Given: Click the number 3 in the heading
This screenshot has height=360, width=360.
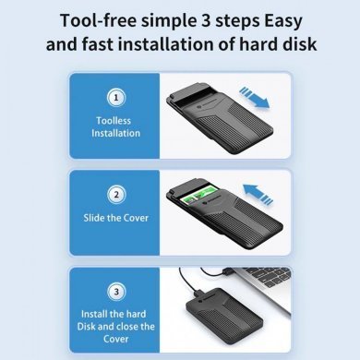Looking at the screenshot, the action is [x=207, y=20].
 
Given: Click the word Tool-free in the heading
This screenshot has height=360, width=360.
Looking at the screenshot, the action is [x=98, y=20].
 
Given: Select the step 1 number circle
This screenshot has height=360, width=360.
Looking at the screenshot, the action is [x=116, y=98].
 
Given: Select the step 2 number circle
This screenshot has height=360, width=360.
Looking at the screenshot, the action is [x=116, y=195].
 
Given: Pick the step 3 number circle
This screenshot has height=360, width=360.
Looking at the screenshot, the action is [x=116, y=292].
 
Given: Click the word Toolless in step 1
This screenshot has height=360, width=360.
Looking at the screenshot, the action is [x=114, y=121].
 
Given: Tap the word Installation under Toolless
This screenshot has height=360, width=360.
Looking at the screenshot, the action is [x=115, y=133].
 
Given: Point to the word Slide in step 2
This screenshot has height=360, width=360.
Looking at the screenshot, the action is [x=94, y=218].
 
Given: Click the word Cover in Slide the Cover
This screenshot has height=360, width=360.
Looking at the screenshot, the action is [x=136, y=218].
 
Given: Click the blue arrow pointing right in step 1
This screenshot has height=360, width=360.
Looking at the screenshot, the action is [x=254, y=98].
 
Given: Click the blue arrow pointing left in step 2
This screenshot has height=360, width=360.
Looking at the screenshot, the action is [x=258, y=194].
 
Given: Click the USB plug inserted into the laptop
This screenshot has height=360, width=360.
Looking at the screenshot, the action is [x=227, y=272].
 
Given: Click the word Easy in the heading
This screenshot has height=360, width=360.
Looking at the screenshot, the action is [x=283, y=21].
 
